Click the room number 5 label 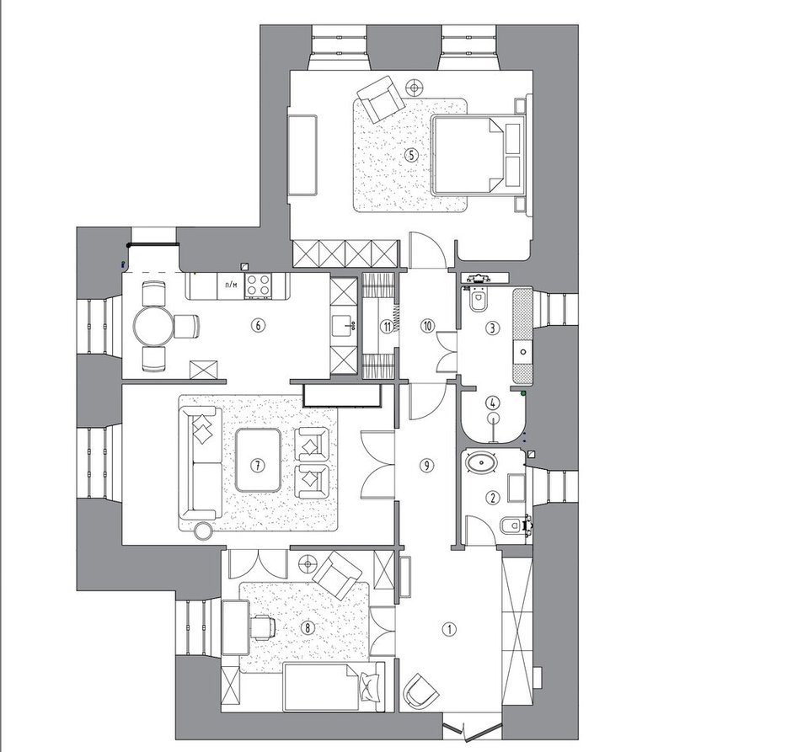412,155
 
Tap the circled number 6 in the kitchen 258,326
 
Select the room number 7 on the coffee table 258,465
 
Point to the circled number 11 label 387,327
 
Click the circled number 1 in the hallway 449,629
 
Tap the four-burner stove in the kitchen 259,286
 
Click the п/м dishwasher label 231,285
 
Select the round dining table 153,327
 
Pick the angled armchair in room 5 381,99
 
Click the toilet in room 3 478,299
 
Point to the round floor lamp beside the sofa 204,531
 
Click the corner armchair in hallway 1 420,691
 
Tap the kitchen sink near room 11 345,326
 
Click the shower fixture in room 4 493,423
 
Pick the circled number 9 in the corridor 427,465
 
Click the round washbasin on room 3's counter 523,352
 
